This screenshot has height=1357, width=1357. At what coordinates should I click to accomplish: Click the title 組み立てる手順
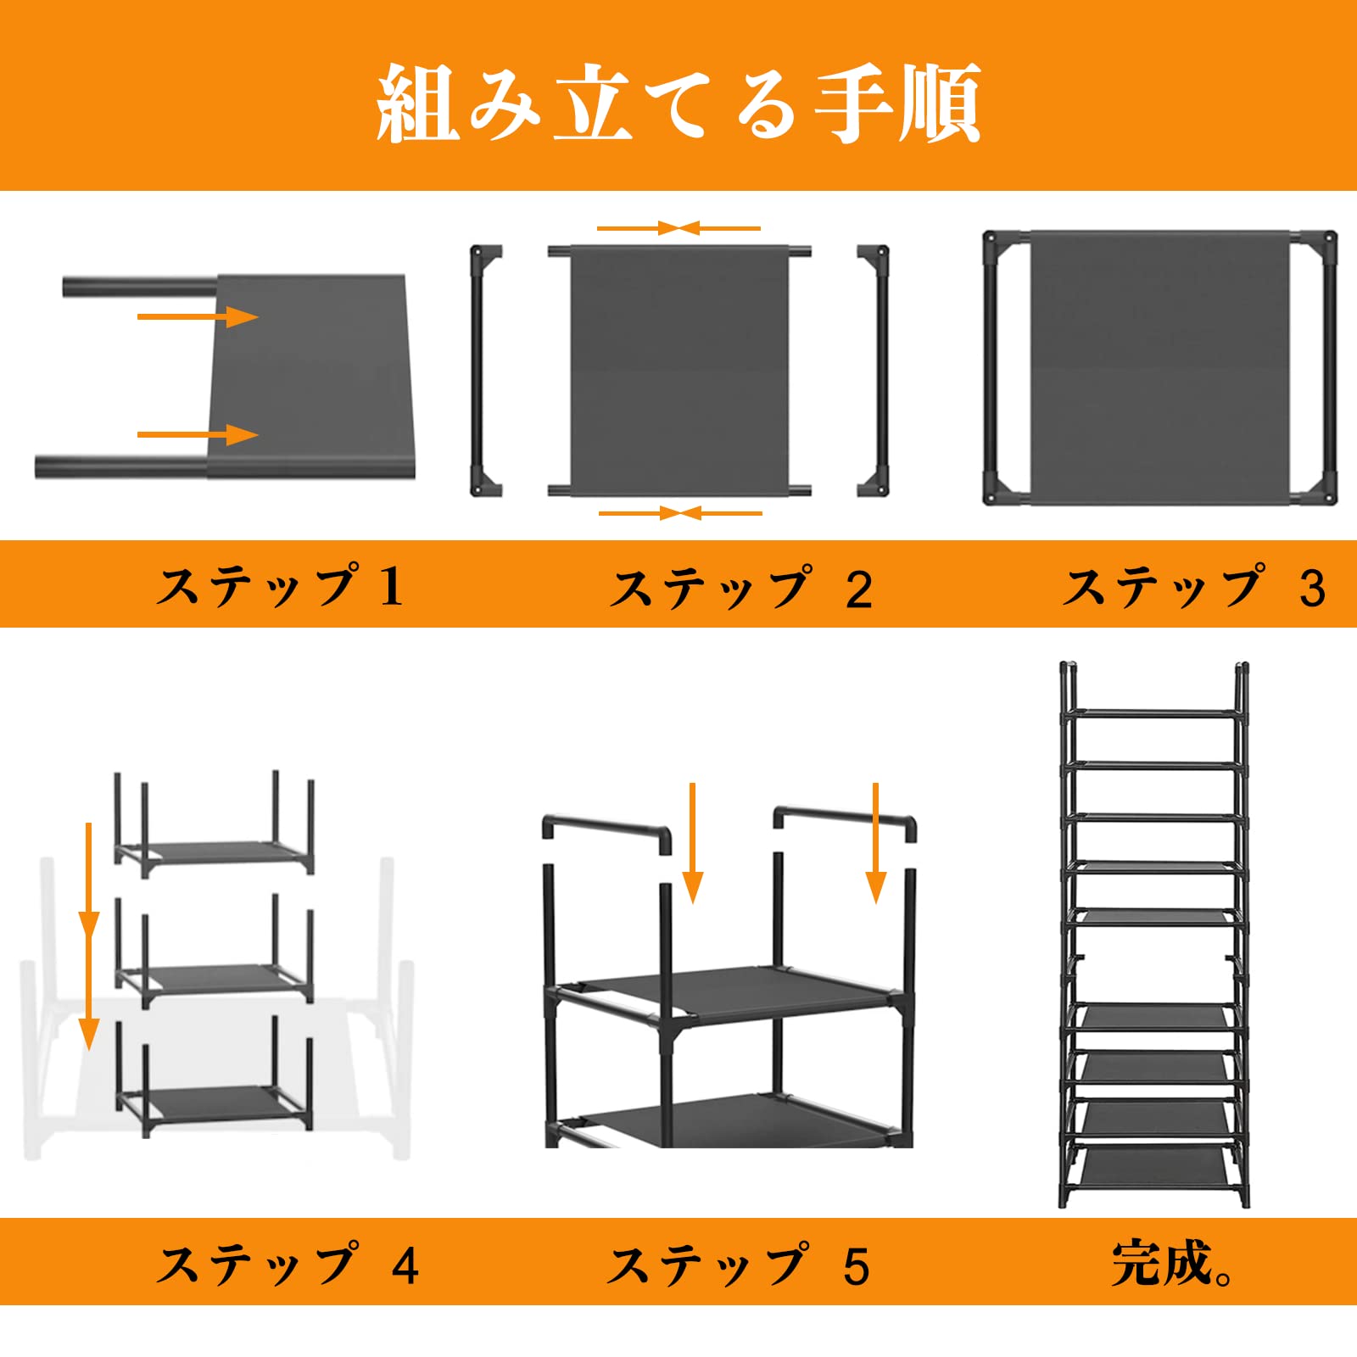pos(678,103)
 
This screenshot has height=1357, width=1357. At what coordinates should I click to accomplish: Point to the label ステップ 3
pos(1195,587)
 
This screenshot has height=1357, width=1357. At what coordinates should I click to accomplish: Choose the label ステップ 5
pos(739,1265)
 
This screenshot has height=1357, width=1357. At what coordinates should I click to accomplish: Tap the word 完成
pos(1162,1263)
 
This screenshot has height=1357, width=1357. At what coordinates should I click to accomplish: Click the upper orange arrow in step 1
pos(198,317)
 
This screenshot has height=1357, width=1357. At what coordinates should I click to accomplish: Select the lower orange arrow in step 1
pos(198,435)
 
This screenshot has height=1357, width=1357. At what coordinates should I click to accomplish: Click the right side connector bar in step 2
pos(874,371)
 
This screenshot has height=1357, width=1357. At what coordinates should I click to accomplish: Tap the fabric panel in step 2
pos(679,371)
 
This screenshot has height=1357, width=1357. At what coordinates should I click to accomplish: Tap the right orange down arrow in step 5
pos(876,843)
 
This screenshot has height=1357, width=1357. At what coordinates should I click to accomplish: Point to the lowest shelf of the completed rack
pos(1154,1168)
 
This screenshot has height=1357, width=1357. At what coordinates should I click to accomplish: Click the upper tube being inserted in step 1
pos(141,286)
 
